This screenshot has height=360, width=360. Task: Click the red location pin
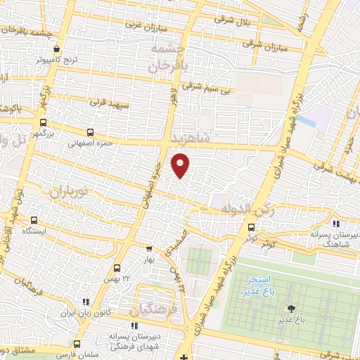(x=181, y=166)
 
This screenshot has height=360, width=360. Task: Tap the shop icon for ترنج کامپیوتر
(x=58, y=49)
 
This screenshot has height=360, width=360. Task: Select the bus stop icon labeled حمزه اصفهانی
(x=90, y=132)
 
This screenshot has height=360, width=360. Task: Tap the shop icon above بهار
(x=148, y=248)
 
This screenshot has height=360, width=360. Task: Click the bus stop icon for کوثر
(x=252, y=227)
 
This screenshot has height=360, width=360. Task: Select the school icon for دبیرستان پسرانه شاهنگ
(x=335, y=224)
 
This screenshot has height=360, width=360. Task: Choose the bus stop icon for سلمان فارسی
(x=77, y=345)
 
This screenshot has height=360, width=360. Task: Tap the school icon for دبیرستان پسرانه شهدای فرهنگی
(x=134, y=326)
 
